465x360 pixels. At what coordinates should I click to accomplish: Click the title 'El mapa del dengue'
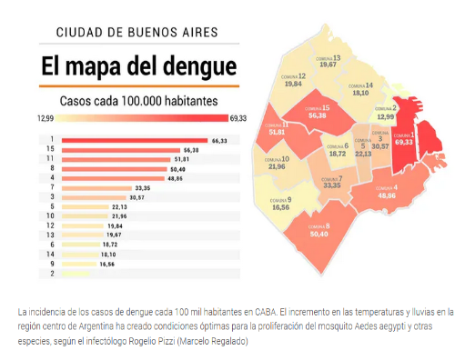137,67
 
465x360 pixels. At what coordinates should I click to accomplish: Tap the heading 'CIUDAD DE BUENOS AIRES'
137,33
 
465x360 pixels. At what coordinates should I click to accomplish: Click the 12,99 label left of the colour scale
46,118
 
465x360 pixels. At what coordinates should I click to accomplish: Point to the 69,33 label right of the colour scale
238,118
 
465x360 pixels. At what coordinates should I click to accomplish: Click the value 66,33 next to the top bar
218,140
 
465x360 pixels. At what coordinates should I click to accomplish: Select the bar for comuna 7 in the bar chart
96,187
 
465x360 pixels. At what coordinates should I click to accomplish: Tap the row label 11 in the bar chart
53,159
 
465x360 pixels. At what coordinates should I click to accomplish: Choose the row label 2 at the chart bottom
53,273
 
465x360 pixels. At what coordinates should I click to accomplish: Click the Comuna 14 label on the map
362,88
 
